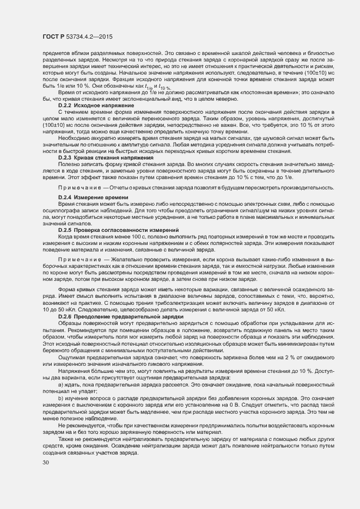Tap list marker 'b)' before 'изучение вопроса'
coord(60,398)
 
